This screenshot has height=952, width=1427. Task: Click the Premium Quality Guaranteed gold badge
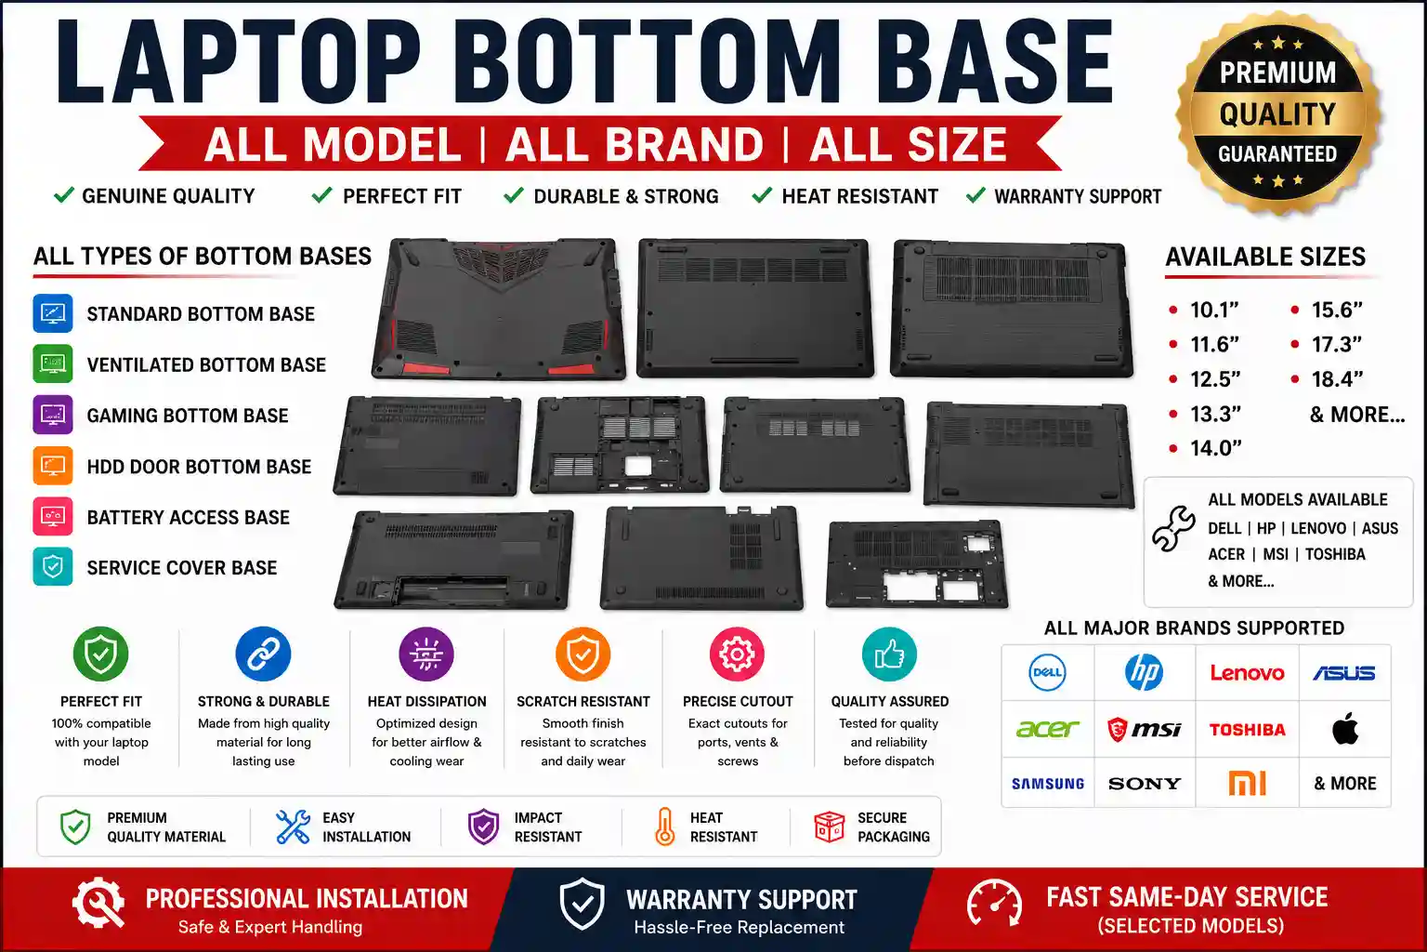click(1278, 112)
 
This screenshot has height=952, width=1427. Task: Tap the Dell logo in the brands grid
click(1047, 672)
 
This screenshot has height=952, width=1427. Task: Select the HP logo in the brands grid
click(1145, 672)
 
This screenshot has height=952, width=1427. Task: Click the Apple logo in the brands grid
click(1345, 728)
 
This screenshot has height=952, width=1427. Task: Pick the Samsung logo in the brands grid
click(1048, 784)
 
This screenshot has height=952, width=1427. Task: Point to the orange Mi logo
click(1247, 783)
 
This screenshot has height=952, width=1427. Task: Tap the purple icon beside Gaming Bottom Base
click(53, 415)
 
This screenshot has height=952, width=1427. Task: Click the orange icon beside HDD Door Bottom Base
click(53, 466)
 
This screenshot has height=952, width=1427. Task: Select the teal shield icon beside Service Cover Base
click(53, 566)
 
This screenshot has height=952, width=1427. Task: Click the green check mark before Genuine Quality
click(64, 194)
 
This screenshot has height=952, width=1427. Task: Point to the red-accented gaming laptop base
click(499, 309)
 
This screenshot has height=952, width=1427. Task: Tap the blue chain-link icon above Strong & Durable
click(263, 654)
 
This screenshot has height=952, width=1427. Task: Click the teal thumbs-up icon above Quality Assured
click(889, 654)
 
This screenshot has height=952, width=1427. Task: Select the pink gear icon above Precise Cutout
click(737, 654)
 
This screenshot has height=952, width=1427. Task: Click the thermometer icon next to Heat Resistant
click(664, 826)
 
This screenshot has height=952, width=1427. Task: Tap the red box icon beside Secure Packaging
click(829, 826)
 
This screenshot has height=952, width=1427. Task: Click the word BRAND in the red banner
click(635, 144)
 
